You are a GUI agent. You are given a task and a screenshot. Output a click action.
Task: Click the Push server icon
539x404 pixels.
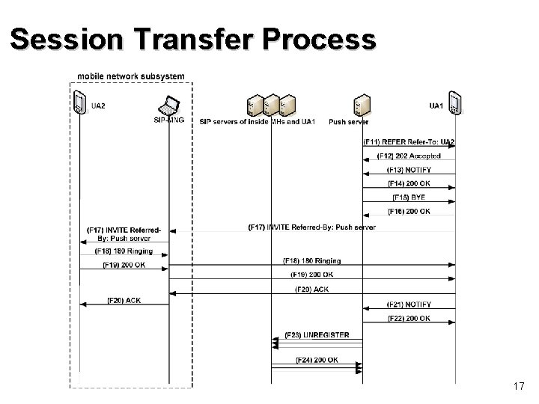coord(362,103)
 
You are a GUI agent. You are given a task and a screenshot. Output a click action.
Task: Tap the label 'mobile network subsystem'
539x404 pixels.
coord(131,76)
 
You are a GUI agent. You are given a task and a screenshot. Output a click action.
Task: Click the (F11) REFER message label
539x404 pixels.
coord(409,141)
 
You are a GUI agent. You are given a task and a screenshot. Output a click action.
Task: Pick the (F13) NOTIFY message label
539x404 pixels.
coord(409,170)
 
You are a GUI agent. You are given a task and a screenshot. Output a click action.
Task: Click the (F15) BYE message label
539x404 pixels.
coord(409,198)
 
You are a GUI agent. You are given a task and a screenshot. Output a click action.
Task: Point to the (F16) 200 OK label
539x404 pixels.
coord(409,212)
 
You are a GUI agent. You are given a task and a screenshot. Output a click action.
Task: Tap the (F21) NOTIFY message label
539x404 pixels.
coord(409,304)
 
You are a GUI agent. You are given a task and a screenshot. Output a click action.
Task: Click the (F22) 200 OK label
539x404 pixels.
coord(409,319)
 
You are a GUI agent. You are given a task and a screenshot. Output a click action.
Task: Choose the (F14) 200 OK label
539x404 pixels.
coord(409,184)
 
